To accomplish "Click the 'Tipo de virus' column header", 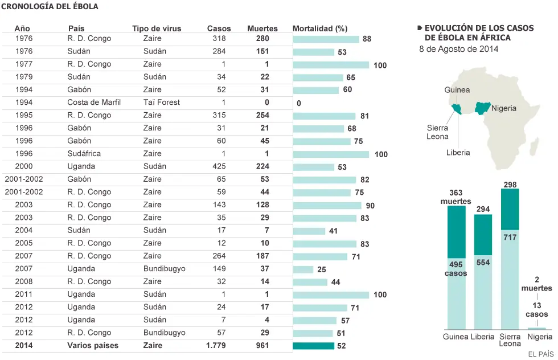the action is tap(157, 28).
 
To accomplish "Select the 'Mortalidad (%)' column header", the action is tap(320, 28).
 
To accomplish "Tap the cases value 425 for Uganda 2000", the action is tap(219, 166).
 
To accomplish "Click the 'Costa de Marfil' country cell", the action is tap(94, 102).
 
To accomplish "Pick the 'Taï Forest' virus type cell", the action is tap(162, 102).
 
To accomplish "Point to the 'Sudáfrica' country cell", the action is tap(84, 153).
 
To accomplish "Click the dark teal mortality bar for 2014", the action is tap(314, 346).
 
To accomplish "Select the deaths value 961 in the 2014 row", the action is tap(262, 345).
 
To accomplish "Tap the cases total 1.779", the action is tap(216, 345).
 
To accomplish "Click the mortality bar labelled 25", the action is tap(303, 269).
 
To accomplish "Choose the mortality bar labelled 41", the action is tap(309, 231).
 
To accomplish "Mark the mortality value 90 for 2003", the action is tap(370, 206).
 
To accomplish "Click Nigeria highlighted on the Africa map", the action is tap(482, 108).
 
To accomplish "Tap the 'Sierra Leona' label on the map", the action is tap(437, 132).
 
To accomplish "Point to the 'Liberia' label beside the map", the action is tap(458, 153).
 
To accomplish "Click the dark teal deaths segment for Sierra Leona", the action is tap(510, 210).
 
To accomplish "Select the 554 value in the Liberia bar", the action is tap(483, 263).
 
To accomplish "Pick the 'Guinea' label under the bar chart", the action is tap(456, 337).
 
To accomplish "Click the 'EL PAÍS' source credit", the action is tap(541, 354).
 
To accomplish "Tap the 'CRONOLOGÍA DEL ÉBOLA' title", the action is tap(50, 6).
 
